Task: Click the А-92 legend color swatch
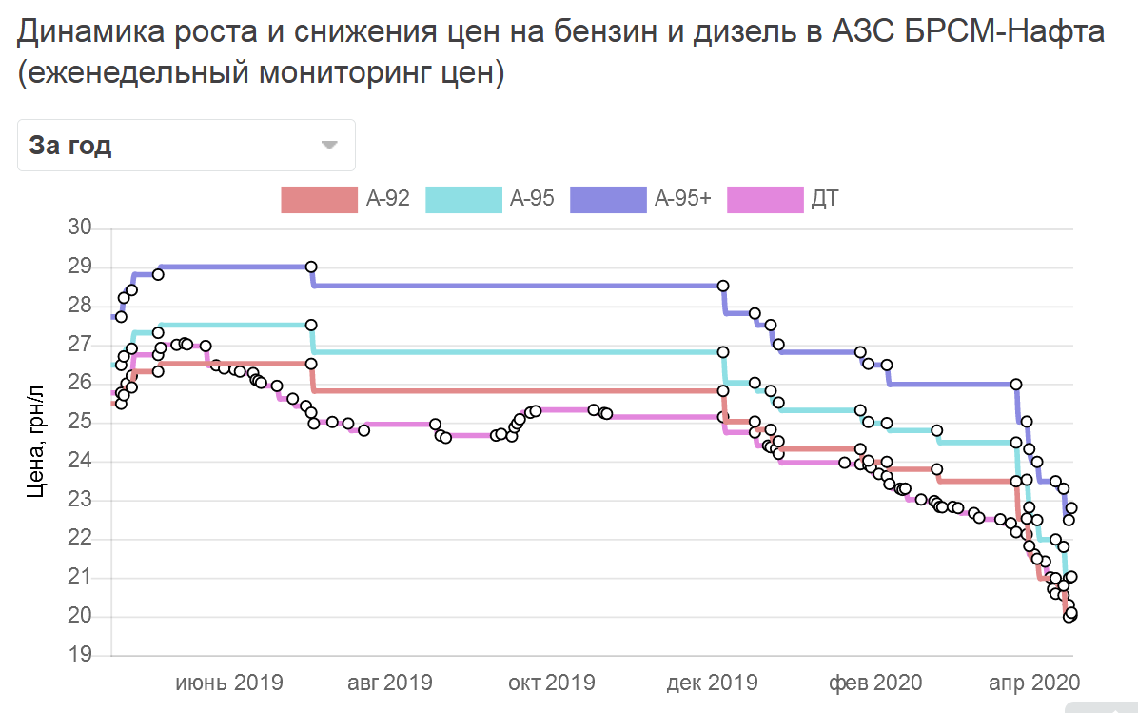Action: tap(320, 200)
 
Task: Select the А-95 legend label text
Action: tap(532, 199)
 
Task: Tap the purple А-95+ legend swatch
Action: tap(608, 200)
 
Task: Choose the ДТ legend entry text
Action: tap(825, 199)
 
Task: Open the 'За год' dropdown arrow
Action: tap(329, 146)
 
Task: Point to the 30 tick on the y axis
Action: tap(80, 228)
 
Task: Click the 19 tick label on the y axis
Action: tap(80, 654)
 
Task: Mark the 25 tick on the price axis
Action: tap(80, 421)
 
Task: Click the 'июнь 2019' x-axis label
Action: tap(229, 683)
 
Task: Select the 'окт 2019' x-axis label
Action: tap(552, 683)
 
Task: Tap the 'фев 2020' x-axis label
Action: tap(875, 683)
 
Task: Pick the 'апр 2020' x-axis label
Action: tap(1034, 683)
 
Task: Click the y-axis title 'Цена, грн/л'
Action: tap(35, 442)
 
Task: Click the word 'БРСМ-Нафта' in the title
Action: tap(1005, 32)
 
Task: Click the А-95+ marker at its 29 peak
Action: tap(311, 267)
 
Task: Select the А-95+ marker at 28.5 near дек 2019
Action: tap(723, 287)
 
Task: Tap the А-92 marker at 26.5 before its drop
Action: tap(311, 364)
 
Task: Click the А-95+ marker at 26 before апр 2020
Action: tap(1016, 384)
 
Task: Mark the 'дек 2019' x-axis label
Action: tap(712, 683)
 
